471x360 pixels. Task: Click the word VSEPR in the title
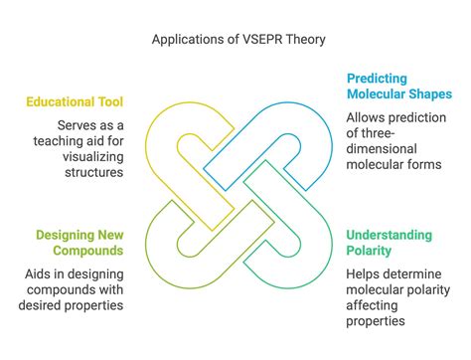pos(262,40)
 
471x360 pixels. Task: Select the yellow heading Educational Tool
pos(75,101)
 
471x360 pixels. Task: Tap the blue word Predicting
pos(377,80)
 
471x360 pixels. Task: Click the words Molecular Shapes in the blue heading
pos(399,94)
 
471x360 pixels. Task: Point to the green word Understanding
pos(390,236)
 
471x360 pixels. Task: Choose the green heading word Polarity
pos(369,251)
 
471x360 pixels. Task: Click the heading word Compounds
pos(88,251)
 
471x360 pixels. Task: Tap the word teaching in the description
pos(56,141)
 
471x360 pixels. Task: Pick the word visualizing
pos(93,157)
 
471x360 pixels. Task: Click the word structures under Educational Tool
pos(94,172)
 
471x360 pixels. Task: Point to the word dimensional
pos(382,149)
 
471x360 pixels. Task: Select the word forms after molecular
pos(425,165)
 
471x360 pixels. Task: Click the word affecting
pos(372,306)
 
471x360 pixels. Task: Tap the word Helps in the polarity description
pos(362,274)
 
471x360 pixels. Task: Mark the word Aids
pos(36,274)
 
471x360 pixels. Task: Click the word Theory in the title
pos(306,40)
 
